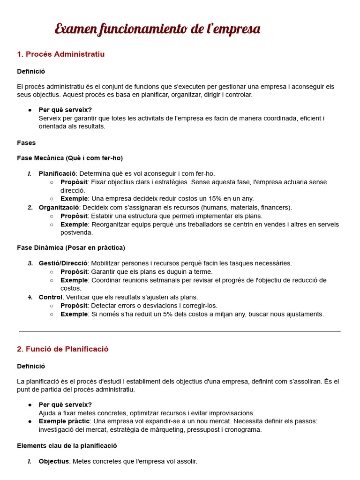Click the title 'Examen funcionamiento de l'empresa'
pyautogui.click(x=157, y=29)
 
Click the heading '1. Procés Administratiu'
pyautogui.click(x=61, y=54)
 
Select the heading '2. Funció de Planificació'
pyautogui.click(x=63, y=349)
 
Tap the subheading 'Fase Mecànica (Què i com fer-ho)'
pyautogui.click(x=70, y=158)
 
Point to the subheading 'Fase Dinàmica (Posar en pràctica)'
pyautogui.click(x=71, y=247)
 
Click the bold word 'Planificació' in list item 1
pyautogui.click(x=57, y=173)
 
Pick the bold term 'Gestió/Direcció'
pyautogui.click(x=63, y=263)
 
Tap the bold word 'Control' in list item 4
pyautogui.click(x=50, y=297)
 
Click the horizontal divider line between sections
pyautogui.click(x=180, y=331)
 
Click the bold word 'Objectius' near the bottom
pyautogui.click(x=53, y=461)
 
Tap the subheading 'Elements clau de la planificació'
pyautogui.click(x=67, y=446)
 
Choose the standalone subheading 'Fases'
pyautogui.click(x=26, y=142)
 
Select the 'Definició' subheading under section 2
pyautogui.click(x=31, y=366)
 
